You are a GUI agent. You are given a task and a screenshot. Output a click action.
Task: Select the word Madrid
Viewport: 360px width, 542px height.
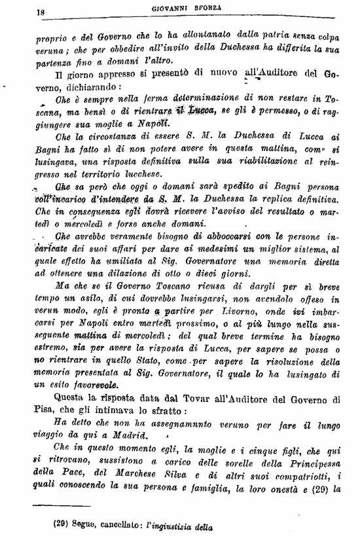click(x=128, y=435)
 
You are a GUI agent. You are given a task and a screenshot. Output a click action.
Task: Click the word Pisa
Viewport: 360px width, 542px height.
click(x=46, y=410)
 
